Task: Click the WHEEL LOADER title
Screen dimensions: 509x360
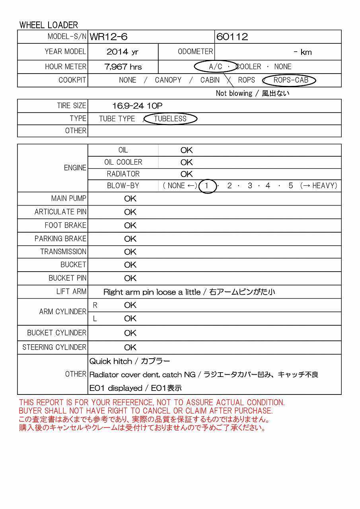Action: coord(49,25)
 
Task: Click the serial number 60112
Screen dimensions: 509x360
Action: coord(232,37)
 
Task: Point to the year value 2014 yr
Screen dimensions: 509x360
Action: coord(123,52)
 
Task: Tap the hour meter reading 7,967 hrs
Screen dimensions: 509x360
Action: coord(123,67)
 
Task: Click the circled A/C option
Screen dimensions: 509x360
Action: coord(216,67)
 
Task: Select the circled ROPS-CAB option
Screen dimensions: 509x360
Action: coord(291,80)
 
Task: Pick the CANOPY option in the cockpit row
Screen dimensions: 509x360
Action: coord(168,80)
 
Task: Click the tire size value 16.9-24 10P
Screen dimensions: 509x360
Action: coord(137,106)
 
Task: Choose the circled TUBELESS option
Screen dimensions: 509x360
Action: coord(170,119)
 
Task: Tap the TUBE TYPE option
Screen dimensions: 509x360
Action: coord(117,119)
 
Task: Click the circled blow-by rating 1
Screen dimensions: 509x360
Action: coord(207,186)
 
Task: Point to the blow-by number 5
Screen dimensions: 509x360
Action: coord(291,186)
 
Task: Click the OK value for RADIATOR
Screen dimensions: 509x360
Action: coord(186,174)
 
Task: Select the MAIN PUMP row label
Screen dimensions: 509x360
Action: coord(68,198)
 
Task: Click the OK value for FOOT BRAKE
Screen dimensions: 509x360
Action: coord(130,225)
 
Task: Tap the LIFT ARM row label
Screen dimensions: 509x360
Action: coord(71,291)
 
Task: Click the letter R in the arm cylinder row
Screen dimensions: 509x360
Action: coord(95,305)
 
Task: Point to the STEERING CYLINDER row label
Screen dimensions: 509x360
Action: coord(54,347)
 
